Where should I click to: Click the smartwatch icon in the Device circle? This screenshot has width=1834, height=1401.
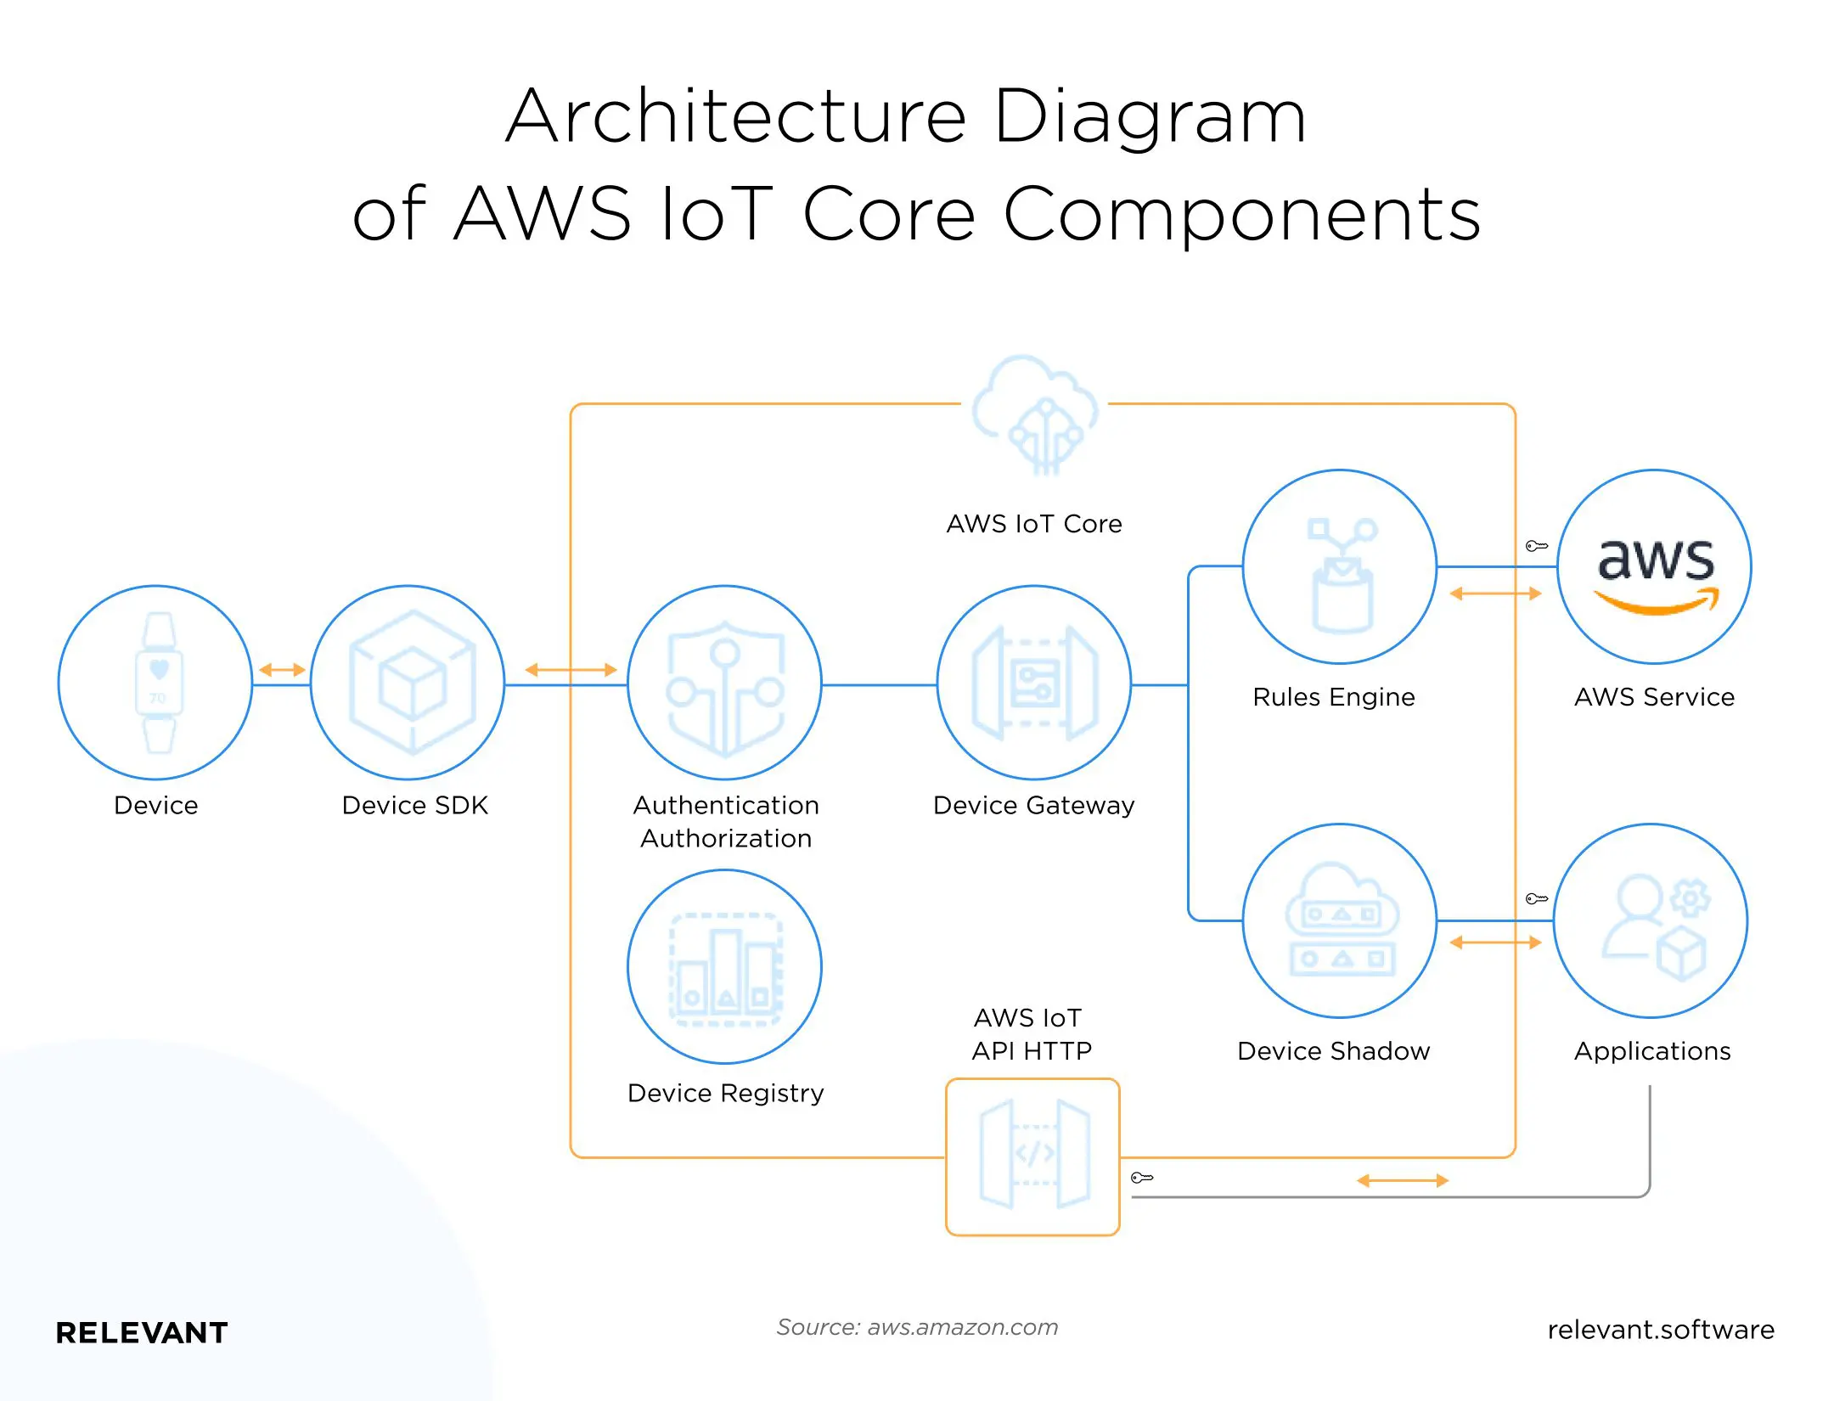(x=158, y=683)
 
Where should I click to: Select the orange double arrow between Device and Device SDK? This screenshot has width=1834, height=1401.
(x=281, y=670)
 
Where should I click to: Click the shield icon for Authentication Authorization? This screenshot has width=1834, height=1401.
(x=724, y=686)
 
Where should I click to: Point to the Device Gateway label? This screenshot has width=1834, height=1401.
(x=1033, y=805)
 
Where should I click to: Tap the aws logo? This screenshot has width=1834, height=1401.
(x=1655, y=572)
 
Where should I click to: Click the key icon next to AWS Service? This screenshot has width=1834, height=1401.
(x=1536, y=546)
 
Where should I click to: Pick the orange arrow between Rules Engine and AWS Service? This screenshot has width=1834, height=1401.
(x=1495, y=594)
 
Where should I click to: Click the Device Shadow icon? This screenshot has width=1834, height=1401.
(x=1340, y=922)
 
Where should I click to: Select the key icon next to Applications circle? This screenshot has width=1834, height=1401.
(x=1536, y=898)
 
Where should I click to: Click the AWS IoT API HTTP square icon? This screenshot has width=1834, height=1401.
(x=1032, y=1156)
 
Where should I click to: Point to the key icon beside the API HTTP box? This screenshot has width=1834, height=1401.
(x=1141, y=1177)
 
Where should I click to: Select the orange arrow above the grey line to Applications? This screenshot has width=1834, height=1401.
(x=1402, y=1180)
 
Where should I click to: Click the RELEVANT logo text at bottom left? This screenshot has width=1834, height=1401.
(x=142, y=1332)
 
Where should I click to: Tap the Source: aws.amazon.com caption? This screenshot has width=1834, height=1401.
(x=917, y=1327)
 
